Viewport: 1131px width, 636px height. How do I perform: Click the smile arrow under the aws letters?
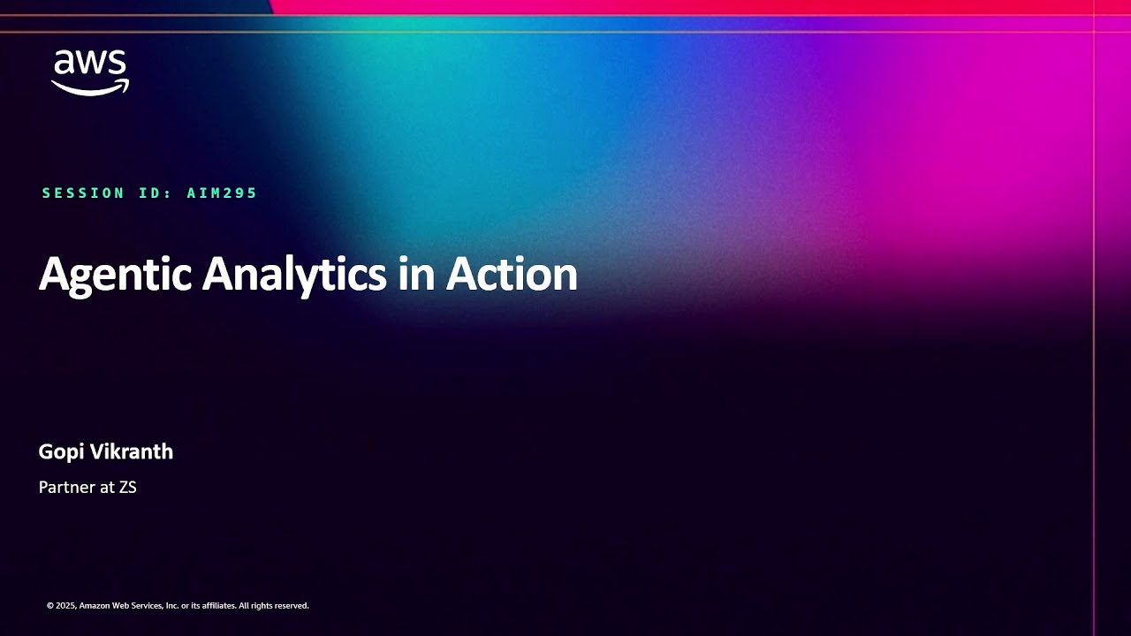pos(90,87)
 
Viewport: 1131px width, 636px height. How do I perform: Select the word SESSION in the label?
pos(83,193)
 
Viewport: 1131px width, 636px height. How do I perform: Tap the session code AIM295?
pos(222,193)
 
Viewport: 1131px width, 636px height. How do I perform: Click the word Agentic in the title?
pos(115,275)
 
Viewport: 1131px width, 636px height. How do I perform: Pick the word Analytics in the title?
pos(294,275)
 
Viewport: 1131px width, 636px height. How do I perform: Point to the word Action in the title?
pos(512,275)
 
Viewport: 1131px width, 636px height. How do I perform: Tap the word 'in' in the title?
pos(415,275)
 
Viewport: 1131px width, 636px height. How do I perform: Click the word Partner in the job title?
pos(65,487)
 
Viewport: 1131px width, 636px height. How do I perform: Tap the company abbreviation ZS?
pos(127,487)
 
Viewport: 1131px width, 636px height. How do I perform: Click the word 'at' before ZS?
pos(106,487)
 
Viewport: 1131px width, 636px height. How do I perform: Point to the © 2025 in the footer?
pos(61,606)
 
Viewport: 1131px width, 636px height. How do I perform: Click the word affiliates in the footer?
pos(216,606)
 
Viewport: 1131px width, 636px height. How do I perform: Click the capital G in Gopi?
pos(47,451)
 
